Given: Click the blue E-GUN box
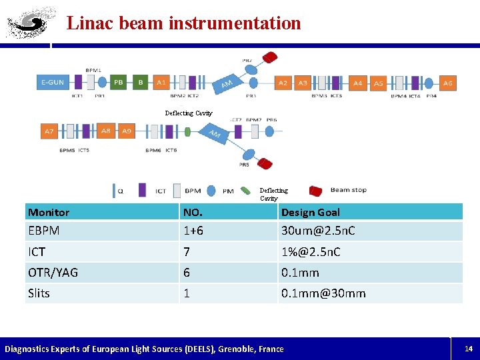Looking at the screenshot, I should [x=53, y=83].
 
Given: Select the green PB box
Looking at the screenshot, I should [x=119, y=83].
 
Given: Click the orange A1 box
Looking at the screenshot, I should [x=161, y=83].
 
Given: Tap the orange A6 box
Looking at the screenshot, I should [x=447, y=83].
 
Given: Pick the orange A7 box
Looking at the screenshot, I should [x=49, y=131].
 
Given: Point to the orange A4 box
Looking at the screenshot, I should [x=358, y=83].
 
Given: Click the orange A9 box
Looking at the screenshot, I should [x=126, y=131].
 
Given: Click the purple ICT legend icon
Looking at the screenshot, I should [x=142, y=190].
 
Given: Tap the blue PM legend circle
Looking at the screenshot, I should [x=211, y=191].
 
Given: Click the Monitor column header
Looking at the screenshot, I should [x=49, y=212].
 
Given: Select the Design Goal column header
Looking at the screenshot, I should [x=310, y=212].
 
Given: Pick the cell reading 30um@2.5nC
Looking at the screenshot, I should [x=318, y=231].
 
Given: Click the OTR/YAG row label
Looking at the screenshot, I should [x=53, y=272].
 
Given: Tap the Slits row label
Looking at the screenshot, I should [x=39, y=293].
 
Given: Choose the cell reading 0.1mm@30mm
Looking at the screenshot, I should [x=323, y=293].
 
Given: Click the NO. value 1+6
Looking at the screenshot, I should [x=194, y=231].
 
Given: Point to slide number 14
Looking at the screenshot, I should [x=468, y=349].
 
